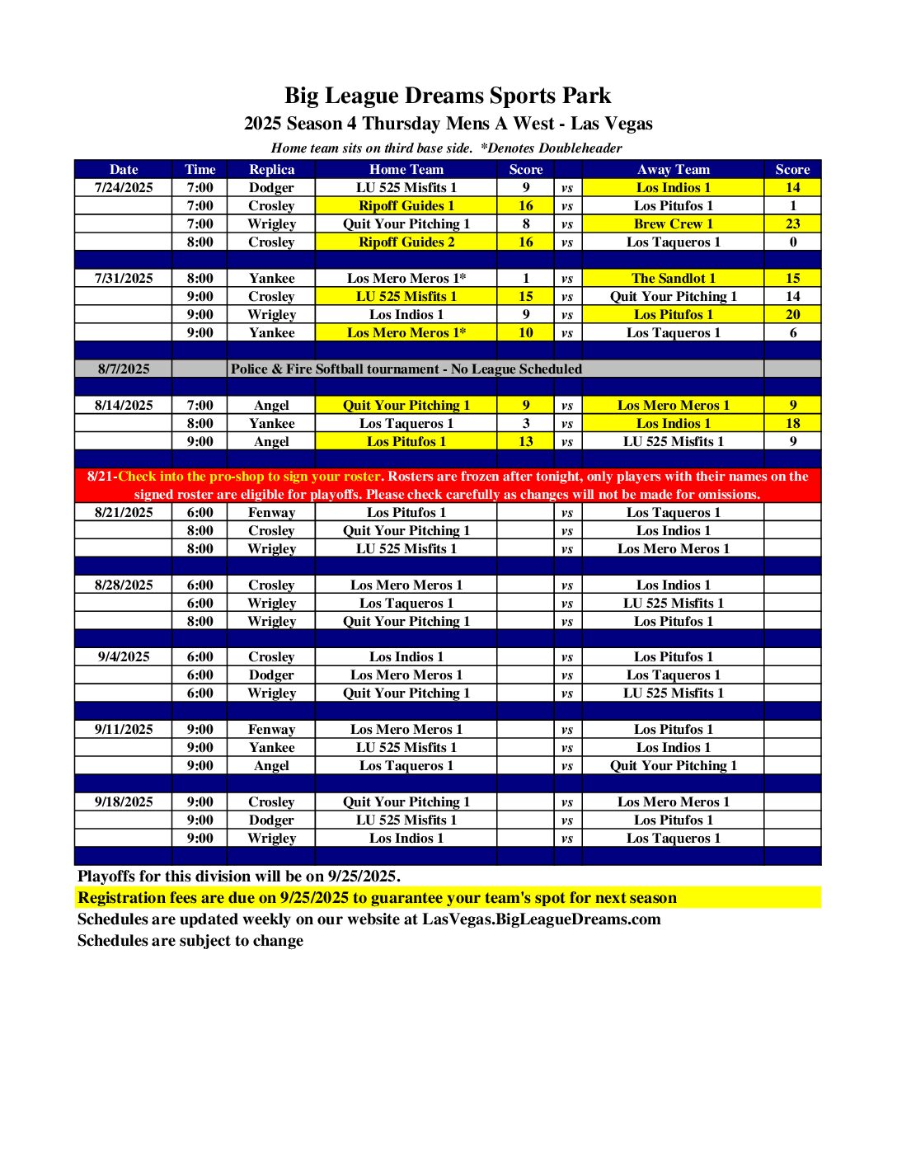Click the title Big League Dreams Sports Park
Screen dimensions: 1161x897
[x=448, y=96]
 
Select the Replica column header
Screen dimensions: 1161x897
[x=271, y=169]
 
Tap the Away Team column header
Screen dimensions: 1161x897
[x=673, y=169]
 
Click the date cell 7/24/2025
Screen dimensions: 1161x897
[x=124, y=187]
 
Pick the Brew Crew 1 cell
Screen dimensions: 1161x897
[x=673, y=223]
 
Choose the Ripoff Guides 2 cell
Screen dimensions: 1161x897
[x=406, y=242]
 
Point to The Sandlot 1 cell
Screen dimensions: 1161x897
[x=673, y=278]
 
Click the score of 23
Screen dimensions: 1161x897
[x=792, y=223]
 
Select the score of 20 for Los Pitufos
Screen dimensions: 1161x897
[x=792, y=314]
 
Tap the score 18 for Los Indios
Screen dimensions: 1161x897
[x=792, y=423]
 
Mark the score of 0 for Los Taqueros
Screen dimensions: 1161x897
[x=792, y=242]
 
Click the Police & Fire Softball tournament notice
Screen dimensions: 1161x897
[x=406, y=369]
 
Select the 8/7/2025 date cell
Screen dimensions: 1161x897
[x=124, y=369]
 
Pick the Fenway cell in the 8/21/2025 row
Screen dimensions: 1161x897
[x=271, y=512]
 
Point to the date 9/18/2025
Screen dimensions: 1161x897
[x=124, y=801]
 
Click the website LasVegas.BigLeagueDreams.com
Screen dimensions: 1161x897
[x=541, y=919]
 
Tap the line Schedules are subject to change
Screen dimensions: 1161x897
[x=190, y=940]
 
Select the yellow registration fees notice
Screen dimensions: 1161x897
[x=377, y=897]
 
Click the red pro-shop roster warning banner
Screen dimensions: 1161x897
[x=448, y=485]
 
